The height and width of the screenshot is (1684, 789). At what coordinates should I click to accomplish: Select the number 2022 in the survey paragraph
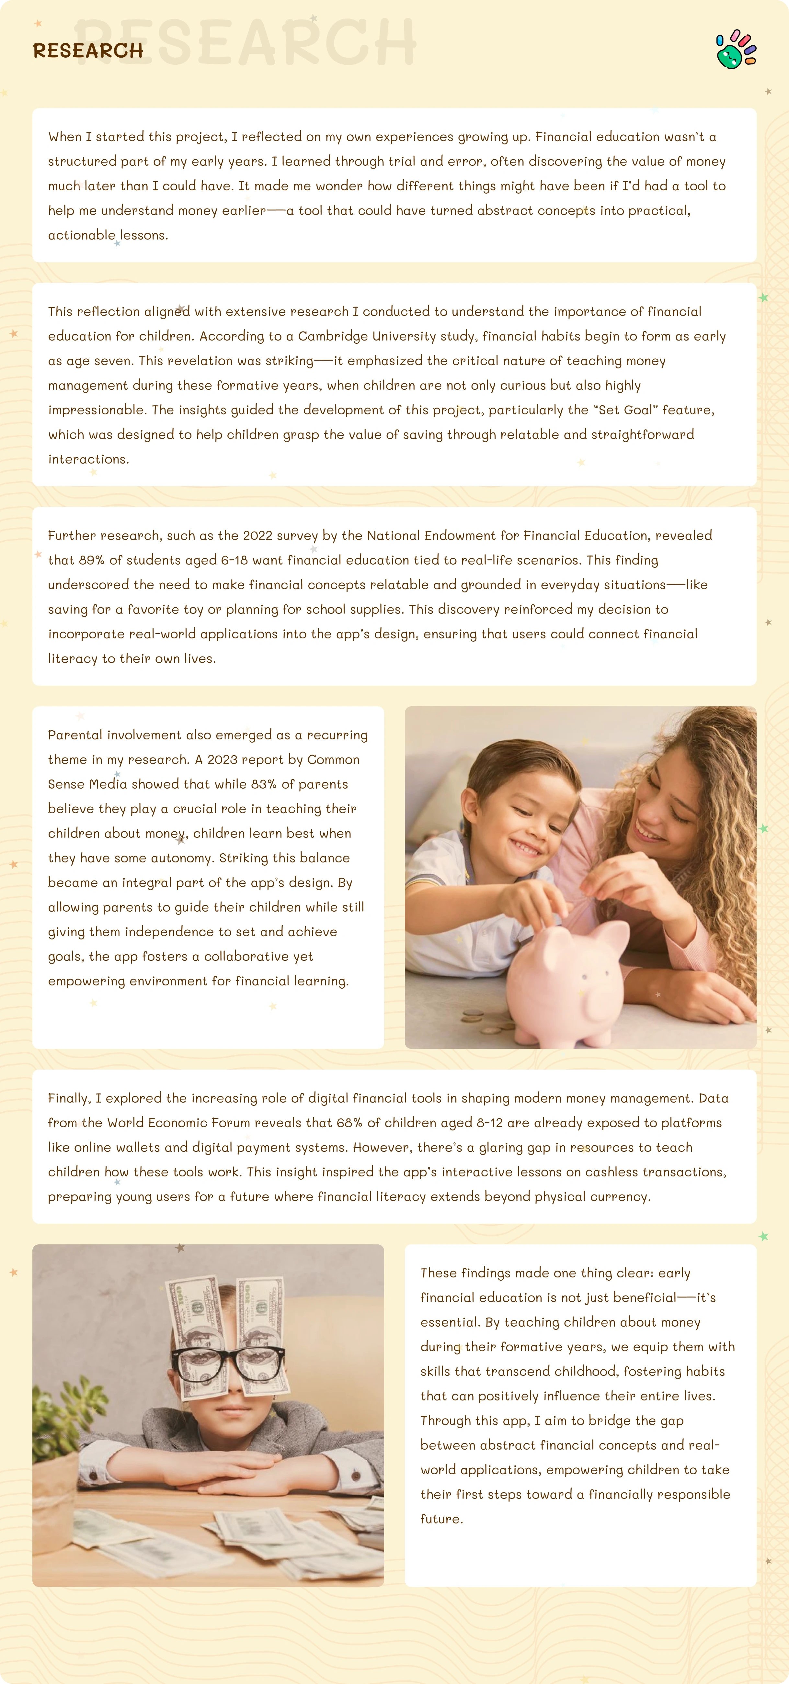coord(257,535)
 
